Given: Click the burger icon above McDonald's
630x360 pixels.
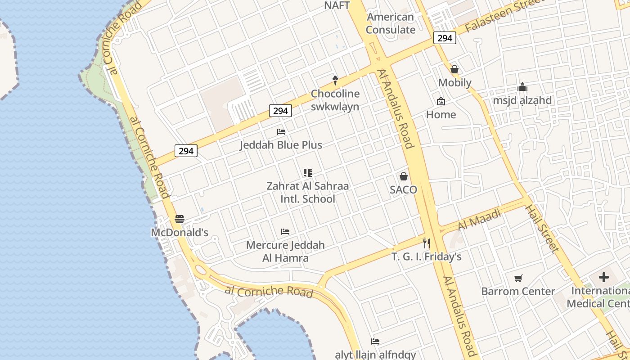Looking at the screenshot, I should coord(180,219).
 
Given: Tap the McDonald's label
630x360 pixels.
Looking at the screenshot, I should coord(180,233).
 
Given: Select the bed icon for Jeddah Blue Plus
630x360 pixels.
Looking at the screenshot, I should coord(281,132).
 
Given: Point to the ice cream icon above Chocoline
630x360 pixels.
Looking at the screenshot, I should coord(335,80).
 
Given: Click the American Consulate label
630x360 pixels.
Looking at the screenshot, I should coord(390,23).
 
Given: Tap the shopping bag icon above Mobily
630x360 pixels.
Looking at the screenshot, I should coord(454,69).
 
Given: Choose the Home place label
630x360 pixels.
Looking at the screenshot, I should coord(441,115).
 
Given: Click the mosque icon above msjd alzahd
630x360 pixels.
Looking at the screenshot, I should coord(522,87).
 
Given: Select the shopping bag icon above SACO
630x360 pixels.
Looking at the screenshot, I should coord(404,176).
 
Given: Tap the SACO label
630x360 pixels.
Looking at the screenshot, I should coord(404,190).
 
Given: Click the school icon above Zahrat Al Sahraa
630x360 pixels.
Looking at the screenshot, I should coord(308,172).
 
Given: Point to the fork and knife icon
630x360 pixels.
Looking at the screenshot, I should coord(427,243).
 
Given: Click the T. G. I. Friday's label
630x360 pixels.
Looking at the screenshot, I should coord(427,257).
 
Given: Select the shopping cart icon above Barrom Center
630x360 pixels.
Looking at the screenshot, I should coord(518,278).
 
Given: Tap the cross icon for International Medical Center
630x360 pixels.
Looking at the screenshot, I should coord(604,277).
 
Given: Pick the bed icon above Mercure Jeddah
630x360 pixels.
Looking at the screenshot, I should coord(285,232).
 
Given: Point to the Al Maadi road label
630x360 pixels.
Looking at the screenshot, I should coord(479,220).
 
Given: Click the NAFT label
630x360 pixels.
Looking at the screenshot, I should coord(337,5).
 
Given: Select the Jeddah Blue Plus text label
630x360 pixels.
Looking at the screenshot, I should coord(281,145).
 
